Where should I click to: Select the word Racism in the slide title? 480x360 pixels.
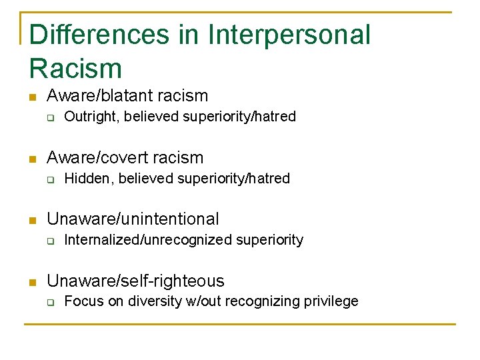point(76,68)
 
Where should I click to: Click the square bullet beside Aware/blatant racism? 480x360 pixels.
point(31,97)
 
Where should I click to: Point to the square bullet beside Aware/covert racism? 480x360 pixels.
point(31,159)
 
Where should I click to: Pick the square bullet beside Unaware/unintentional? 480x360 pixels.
point(31,220)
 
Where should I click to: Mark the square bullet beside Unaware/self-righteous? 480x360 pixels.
point(31,281)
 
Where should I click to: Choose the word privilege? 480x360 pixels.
point(331,301)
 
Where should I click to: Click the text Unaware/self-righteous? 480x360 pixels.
point(135,281)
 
